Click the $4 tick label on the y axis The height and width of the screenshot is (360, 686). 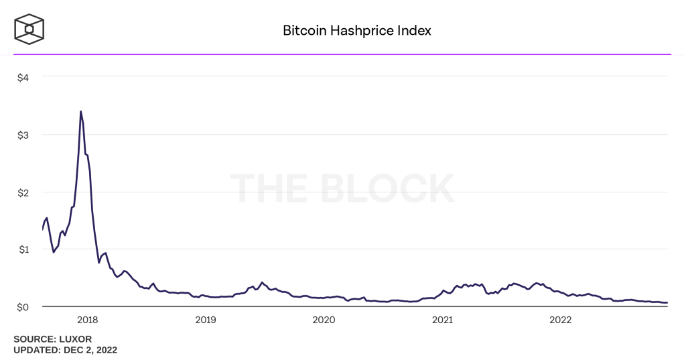(x=23, y=77)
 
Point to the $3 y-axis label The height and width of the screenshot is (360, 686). (x=23, y=135)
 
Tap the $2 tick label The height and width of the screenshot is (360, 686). (x=23, y=192)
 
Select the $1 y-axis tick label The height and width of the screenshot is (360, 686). (x=23, y=249)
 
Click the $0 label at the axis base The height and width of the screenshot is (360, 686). (x=23, y=307)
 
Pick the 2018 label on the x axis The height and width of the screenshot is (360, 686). (x=87, y=320)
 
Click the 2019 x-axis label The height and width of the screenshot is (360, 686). (x=205, y=320)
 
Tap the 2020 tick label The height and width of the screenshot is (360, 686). (x=324, y=320)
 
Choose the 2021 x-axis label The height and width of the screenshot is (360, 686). (x=442, y=320)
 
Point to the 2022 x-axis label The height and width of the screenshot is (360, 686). (x=560, y=320)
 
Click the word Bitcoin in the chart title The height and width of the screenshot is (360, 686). (x=302, y=31)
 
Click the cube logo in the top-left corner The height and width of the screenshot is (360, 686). (x=29, y=28)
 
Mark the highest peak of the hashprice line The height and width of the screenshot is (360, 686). (x=81, y=111)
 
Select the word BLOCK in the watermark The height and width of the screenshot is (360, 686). (x=389, y=188)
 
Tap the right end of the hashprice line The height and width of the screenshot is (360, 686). (x=667, y=302)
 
